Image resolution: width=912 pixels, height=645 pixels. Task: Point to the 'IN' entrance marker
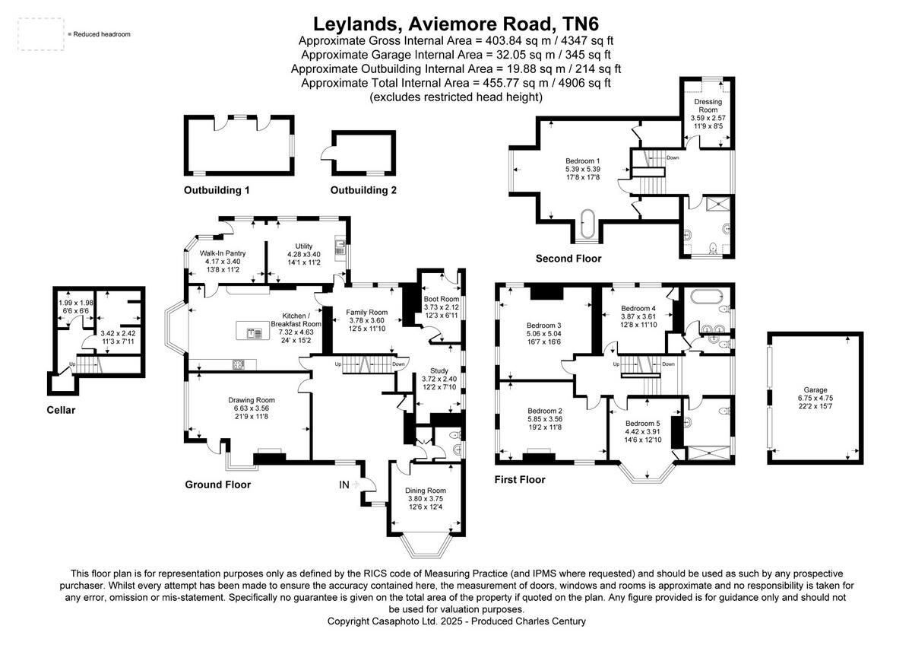[x=344, y=484]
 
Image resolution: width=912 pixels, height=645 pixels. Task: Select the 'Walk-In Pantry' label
[x=223, y=253]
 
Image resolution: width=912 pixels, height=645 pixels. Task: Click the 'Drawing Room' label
[x=252, y=400]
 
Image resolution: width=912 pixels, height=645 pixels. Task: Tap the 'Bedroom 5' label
[x=643, y=424]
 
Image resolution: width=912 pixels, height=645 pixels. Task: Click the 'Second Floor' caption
[x=568, y=259]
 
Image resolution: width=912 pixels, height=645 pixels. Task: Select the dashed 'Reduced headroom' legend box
[x=40, y=34]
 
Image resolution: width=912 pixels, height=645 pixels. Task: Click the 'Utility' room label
[x=304, y=246]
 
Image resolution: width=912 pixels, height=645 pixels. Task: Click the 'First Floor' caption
[x=520, y=480]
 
